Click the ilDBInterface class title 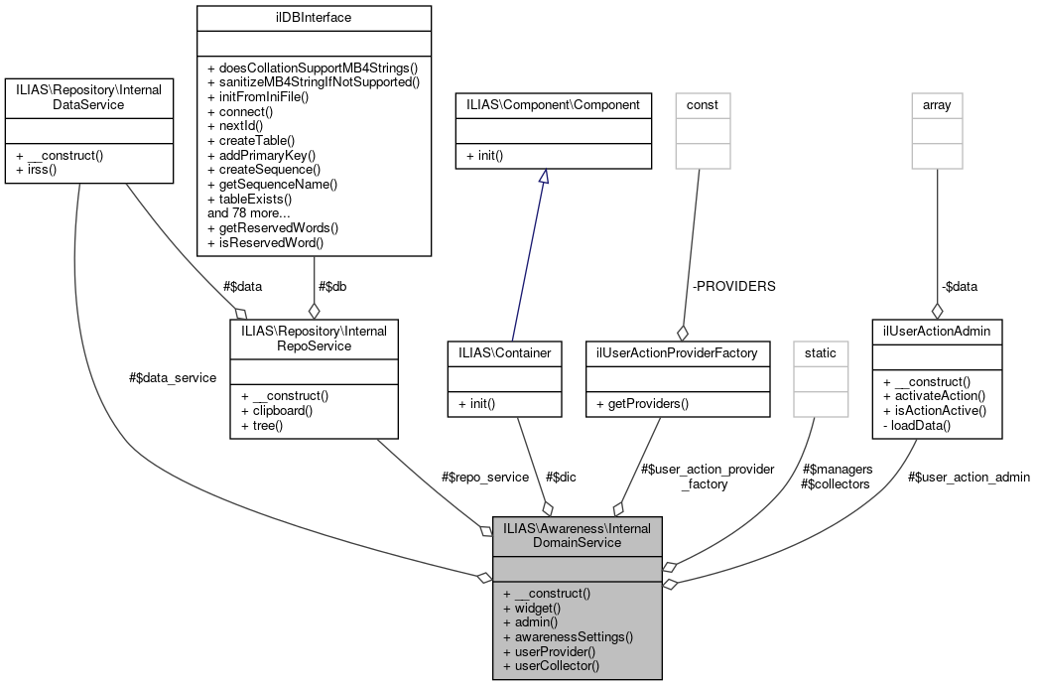tap(314, 17)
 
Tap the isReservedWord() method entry tap(266, 241)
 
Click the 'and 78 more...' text tap(249, 212)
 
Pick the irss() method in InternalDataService tap(37, 171)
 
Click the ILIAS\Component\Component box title tap(554, 104)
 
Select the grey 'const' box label tap(703, 104)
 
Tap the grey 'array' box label tap(937, 104)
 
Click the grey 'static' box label tap(821, 352)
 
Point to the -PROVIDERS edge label tap(733, 286)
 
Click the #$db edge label tap(331, 286)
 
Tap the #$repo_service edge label tap(484, 477)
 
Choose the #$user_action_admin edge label tap(969, 477)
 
